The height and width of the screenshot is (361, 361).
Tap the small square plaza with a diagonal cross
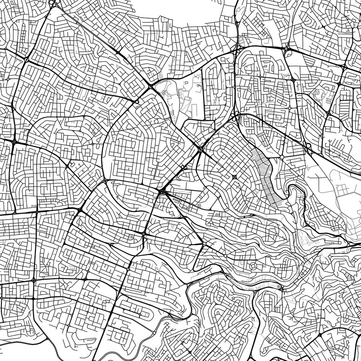(235, 177)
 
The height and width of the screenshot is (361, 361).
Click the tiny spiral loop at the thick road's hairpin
(279, 287)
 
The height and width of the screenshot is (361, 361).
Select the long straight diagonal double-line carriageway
(182, 168)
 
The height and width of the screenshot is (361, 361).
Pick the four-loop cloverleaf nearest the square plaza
(201, 148)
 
